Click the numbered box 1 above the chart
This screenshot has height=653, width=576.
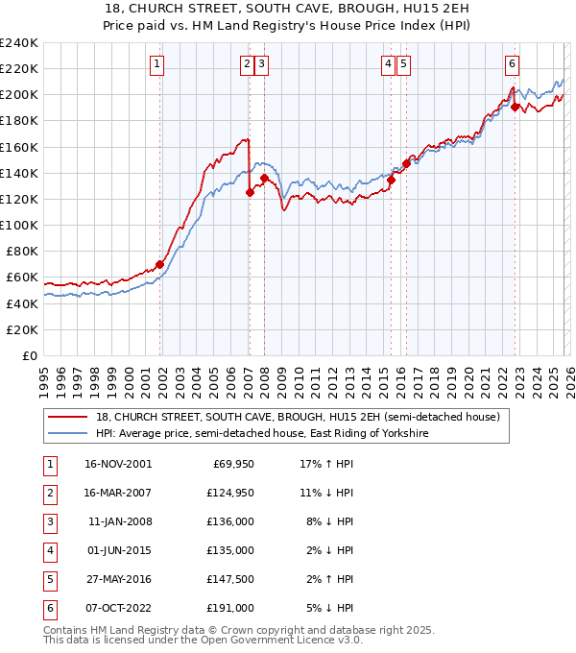pos(156,64)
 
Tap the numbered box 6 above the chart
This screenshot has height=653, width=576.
pos(513,64)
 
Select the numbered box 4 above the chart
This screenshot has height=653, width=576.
pos(388,64)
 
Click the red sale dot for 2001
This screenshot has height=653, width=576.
pos(160,264)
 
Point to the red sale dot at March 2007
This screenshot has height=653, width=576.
pos(250,192)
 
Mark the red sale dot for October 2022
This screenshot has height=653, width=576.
pos(516,107)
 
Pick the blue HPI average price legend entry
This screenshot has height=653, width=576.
pos(261,434)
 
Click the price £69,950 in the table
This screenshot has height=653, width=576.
pos(231,464)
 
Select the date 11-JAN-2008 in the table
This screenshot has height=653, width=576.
pos(119,521)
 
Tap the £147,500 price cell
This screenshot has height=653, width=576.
pos(231,579)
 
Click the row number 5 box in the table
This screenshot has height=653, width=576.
pos(48,579)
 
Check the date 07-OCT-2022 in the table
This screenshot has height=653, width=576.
pos(119,608)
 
